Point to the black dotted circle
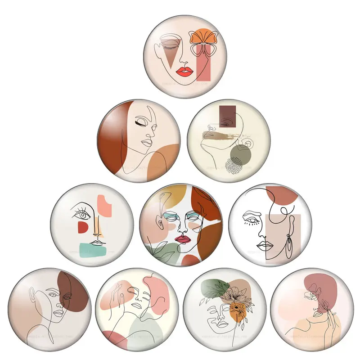[x=235, y=166]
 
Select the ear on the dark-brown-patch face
[x=33, y=297]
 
